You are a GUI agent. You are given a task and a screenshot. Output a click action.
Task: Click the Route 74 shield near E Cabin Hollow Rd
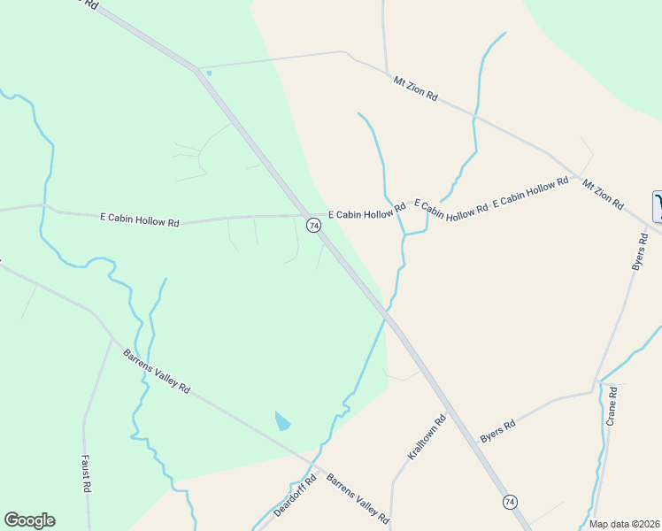[313, 226]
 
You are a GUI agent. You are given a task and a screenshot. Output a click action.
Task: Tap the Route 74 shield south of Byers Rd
[509, 502]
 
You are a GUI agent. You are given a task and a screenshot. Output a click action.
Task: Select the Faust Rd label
[86, 474]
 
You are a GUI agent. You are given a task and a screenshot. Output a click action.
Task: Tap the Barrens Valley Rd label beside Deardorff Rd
[358, 499]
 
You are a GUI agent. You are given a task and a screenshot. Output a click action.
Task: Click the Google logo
[29, 520]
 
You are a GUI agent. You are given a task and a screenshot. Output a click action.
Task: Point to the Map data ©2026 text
[623, 524]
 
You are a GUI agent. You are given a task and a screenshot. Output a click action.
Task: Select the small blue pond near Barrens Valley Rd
[282, 421]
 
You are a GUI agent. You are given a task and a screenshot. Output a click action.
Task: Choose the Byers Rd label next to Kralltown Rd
[496, 431]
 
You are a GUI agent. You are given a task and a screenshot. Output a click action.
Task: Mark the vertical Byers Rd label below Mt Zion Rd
[638, 252]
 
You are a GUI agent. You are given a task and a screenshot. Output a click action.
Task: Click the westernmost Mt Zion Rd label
[416, 88]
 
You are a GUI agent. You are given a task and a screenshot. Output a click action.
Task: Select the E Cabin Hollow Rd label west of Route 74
[140, 219]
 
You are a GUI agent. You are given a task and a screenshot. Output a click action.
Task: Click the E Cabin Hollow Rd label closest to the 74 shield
[366, 211]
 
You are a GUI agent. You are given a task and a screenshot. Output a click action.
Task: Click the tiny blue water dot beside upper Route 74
[209, 73]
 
